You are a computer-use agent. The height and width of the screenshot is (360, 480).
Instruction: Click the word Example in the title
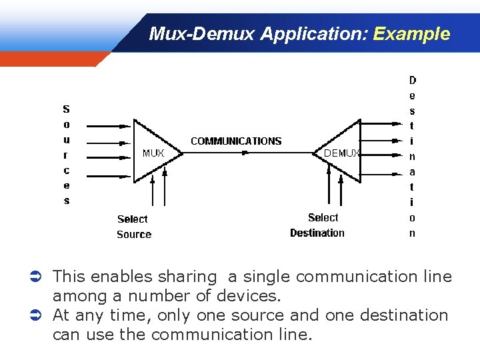point(411,34)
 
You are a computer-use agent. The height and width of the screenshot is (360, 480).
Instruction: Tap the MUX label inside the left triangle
point(153,153)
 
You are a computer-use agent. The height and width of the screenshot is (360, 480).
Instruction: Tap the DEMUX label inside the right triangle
point(341,153)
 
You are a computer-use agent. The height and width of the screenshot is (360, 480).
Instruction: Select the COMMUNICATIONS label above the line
point(236,141)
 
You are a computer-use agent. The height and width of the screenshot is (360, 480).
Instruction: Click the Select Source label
point(133,227)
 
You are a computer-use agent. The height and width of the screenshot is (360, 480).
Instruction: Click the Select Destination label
point(318,225)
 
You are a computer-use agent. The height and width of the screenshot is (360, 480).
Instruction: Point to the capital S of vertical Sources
point(66,109)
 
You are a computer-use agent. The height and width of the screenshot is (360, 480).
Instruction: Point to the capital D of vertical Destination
point(412,80)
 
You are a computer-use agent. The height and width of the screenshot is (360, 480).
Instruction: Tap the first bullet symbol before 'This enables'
point(40,276)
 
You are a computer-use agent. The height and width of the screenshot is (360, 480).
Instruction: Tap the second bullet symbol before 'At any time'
point(40,315)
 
